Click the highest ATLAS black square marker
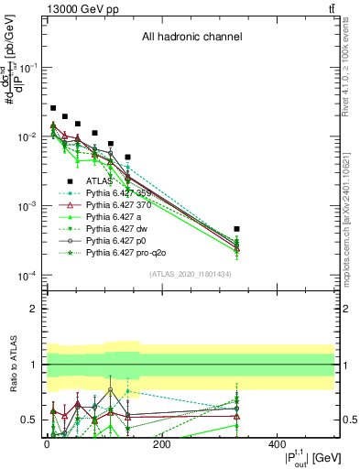click(53, 108)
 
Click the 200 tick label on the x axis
click(161, 446)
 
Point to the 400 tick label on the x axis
click(277, 446)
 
